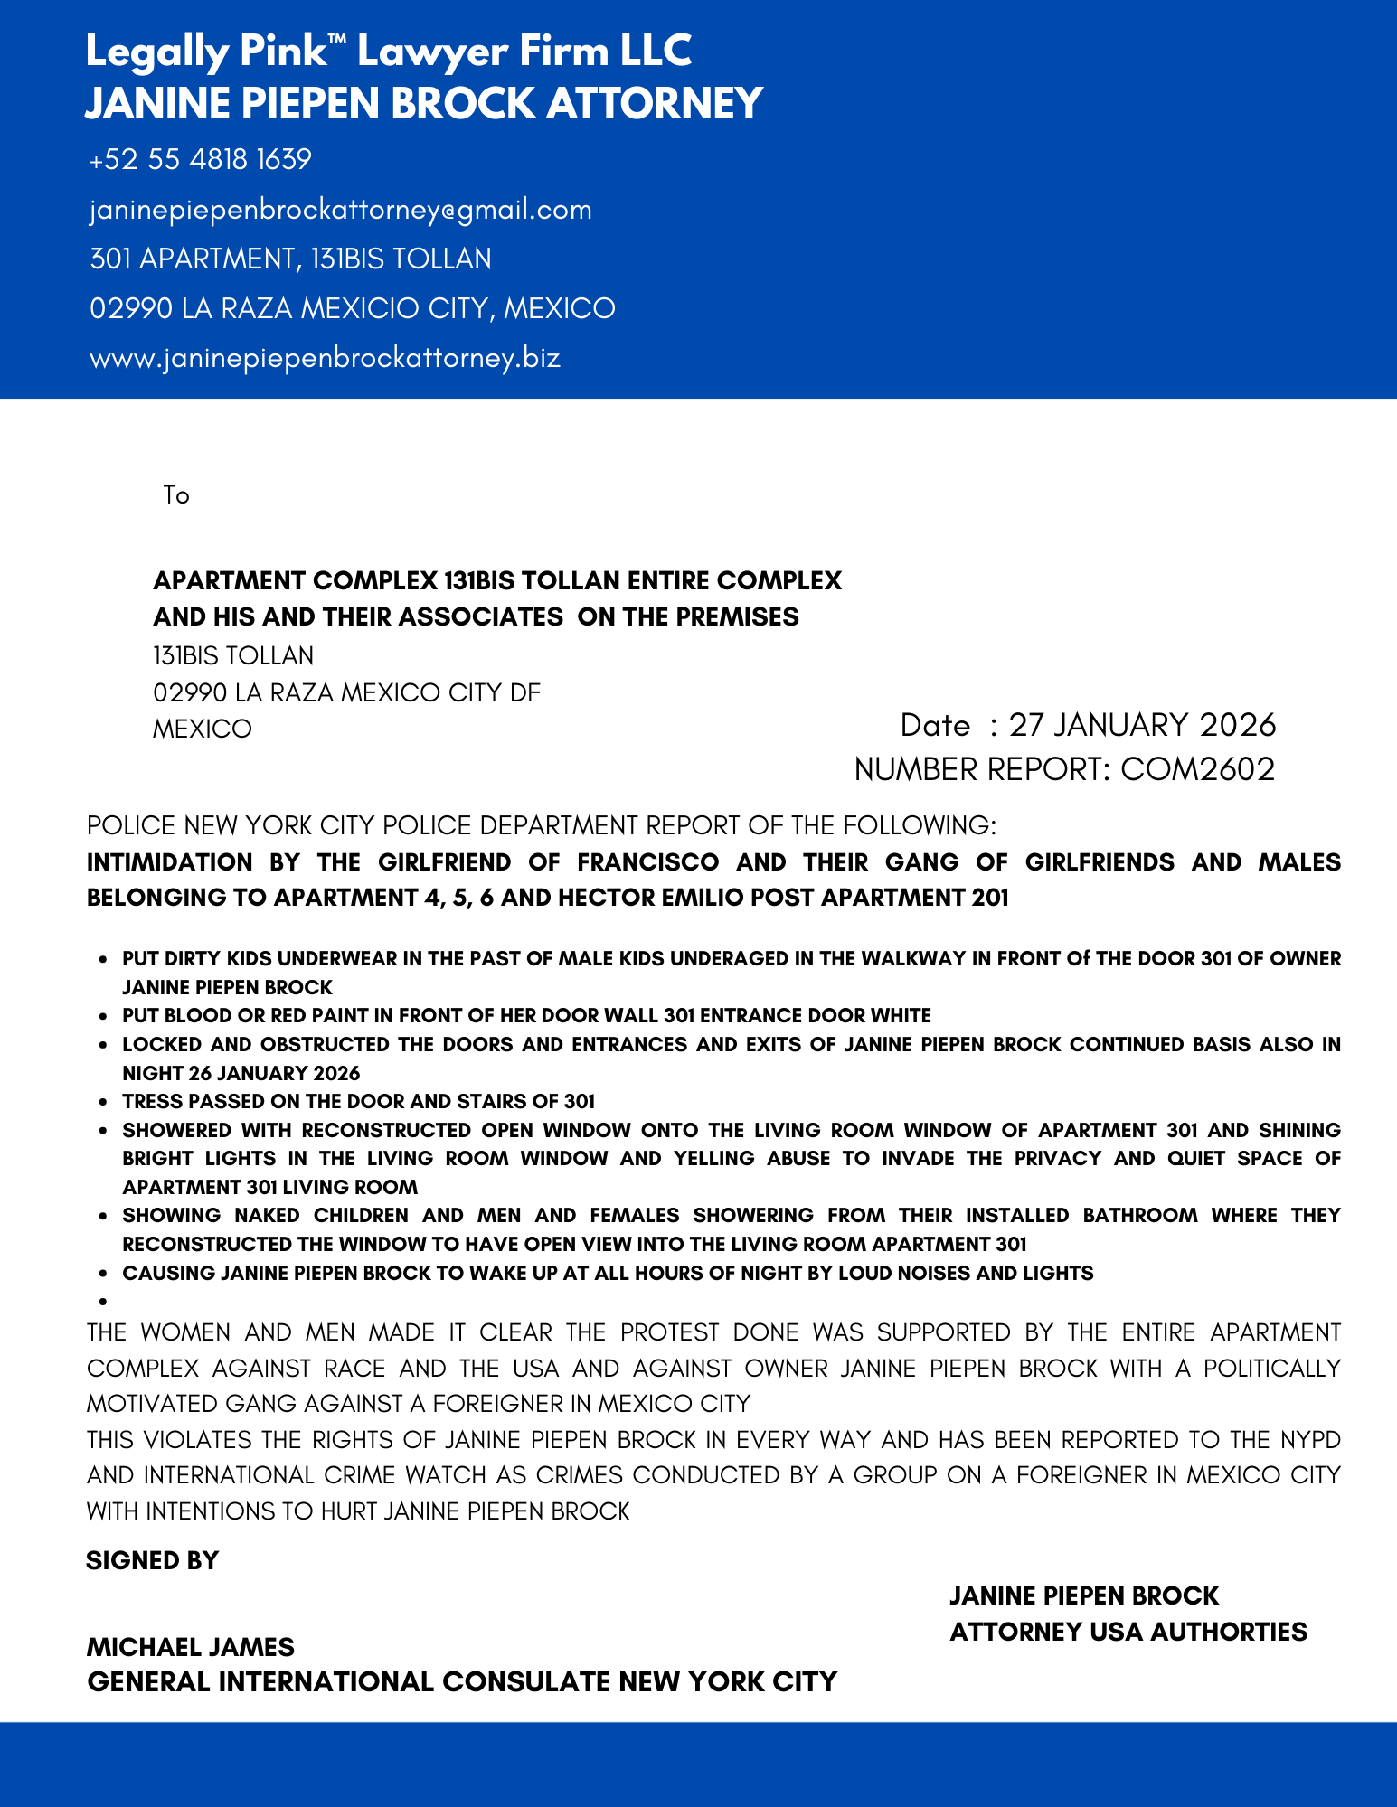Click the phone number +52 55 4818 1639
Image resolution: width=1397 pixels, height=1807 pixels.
coord(200,160)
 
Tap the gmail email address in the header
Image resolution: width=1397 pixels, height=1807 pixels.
coord(341,210)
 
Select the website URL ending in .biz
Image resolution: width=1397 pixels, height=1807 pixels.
coord(325,358)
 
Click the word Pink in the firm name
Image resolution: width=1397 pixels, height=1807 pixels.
coord(281,52)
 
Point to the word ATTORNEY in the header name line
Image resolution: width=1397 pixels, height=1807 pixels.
coord(655,103)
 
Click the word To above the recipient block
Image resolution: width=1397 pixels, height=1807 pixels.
coord(176,495)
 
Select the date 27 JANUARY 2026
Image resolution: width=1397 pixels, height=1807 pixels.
coord(1142,725)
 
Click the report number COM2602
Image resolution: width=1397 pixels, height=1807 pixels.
coord(1197,769)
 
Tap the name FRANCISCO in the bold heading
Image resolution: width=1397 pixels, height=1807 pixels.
coord(647,862)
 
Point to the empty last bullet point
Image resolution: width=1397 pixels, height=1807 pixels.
coord(104,1302)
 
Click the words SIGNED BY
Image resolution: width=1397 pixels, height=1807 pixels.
coord(152,1561)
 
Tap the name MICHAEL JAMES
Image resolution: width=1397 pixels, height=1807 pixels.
coord(190,1647)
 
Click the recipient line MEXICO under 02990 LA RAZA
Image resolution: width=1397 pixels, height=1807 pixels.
coord(202,729)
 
